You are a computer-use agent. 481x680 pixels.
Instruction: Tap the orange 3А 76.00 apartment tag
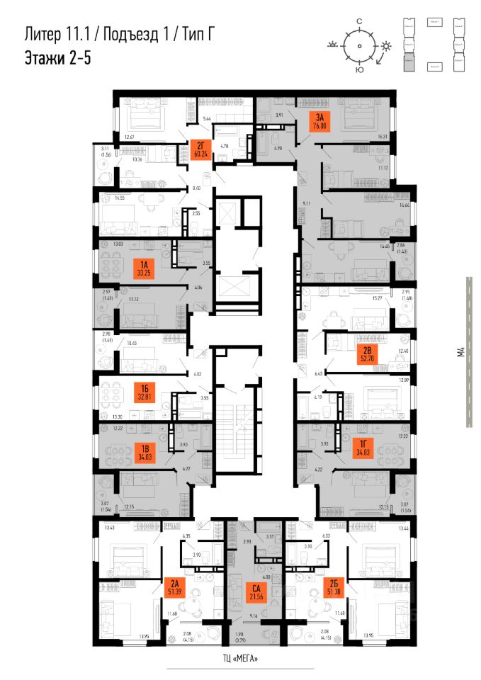click(319, 122)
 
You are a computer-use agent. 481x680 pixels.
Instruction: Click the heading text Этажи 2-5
click(57, 57)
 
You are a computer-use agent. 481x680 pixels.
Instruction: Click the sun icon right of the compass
click(385, 47)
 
